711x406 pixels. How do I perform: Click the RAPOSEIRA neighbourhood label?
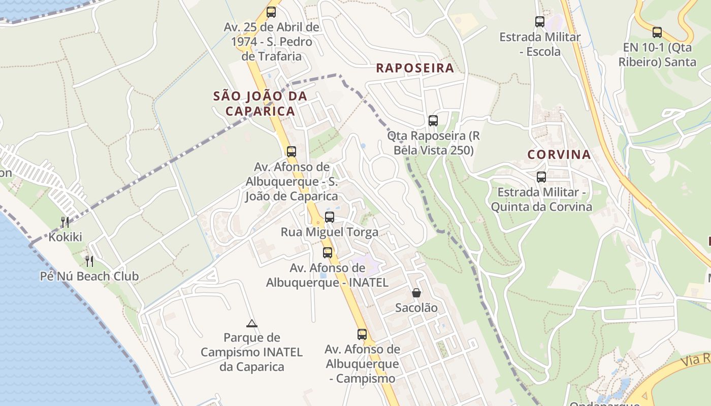pyautogui.click(x=414, y=68)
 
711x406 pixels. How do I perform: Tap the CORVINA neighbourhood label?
pyautogui.click(x=559, y=155)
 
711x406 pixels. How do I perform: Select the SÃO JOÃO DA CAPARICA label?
pyautogui.click(x=260, y=103)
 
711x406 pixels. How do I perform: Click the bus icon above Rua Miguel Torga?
pyautogui.click(x=330, y=217)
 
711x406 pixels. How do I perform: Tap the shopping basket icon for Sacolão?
pyautogui.click(x=416, y=293)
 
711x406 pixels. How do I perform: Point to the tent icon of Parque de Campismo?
pyautogui.click(x=251, y=323)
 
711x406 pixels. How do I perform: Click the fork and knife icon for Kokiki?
pyautogui.click(x=65, y=222)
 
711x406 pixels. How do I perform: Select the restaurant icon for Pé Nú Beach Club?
pyautogui.click(x=89, y=261)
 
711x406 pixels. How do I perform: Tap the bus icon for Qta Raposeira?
pyautogui.click(x=433, y=121)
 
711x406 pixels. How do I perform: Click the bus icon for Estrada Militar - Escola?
pyautogui.click(x=540, y=22)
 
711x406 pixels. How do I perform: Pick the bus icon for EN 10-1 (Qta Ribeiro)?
pyautogui.click(x=657, y=32)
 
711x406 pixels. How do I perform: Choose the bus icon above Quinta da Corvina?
pyautogui.click(x=541, y=177)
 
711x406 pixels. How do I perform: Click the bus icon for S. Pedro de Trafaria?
pyautogui.click(x=272, y=12)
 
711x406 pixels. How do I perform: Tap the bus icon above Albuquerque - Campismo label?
pyautogui.click(x=362, y=334)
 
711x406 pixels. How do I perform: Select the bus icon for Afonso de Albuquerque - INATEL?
pyautogui.click(x=328, y=253)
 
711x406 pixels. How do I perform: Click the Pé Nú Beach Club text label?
pyautogui.click(x=89, y=277)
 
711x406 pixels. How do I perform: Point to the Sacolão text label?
pyautogui.click(x=416, y=308)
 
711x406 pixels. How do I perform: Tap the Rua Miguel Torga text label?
pyautogui.click(x=330, y=232)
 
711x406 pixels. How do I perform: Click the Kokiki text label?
pyautogui.click(x=65, y=237)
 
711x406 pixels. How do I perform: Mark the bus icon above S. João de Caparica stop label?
pyautogui.click(x=292, y=152)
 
